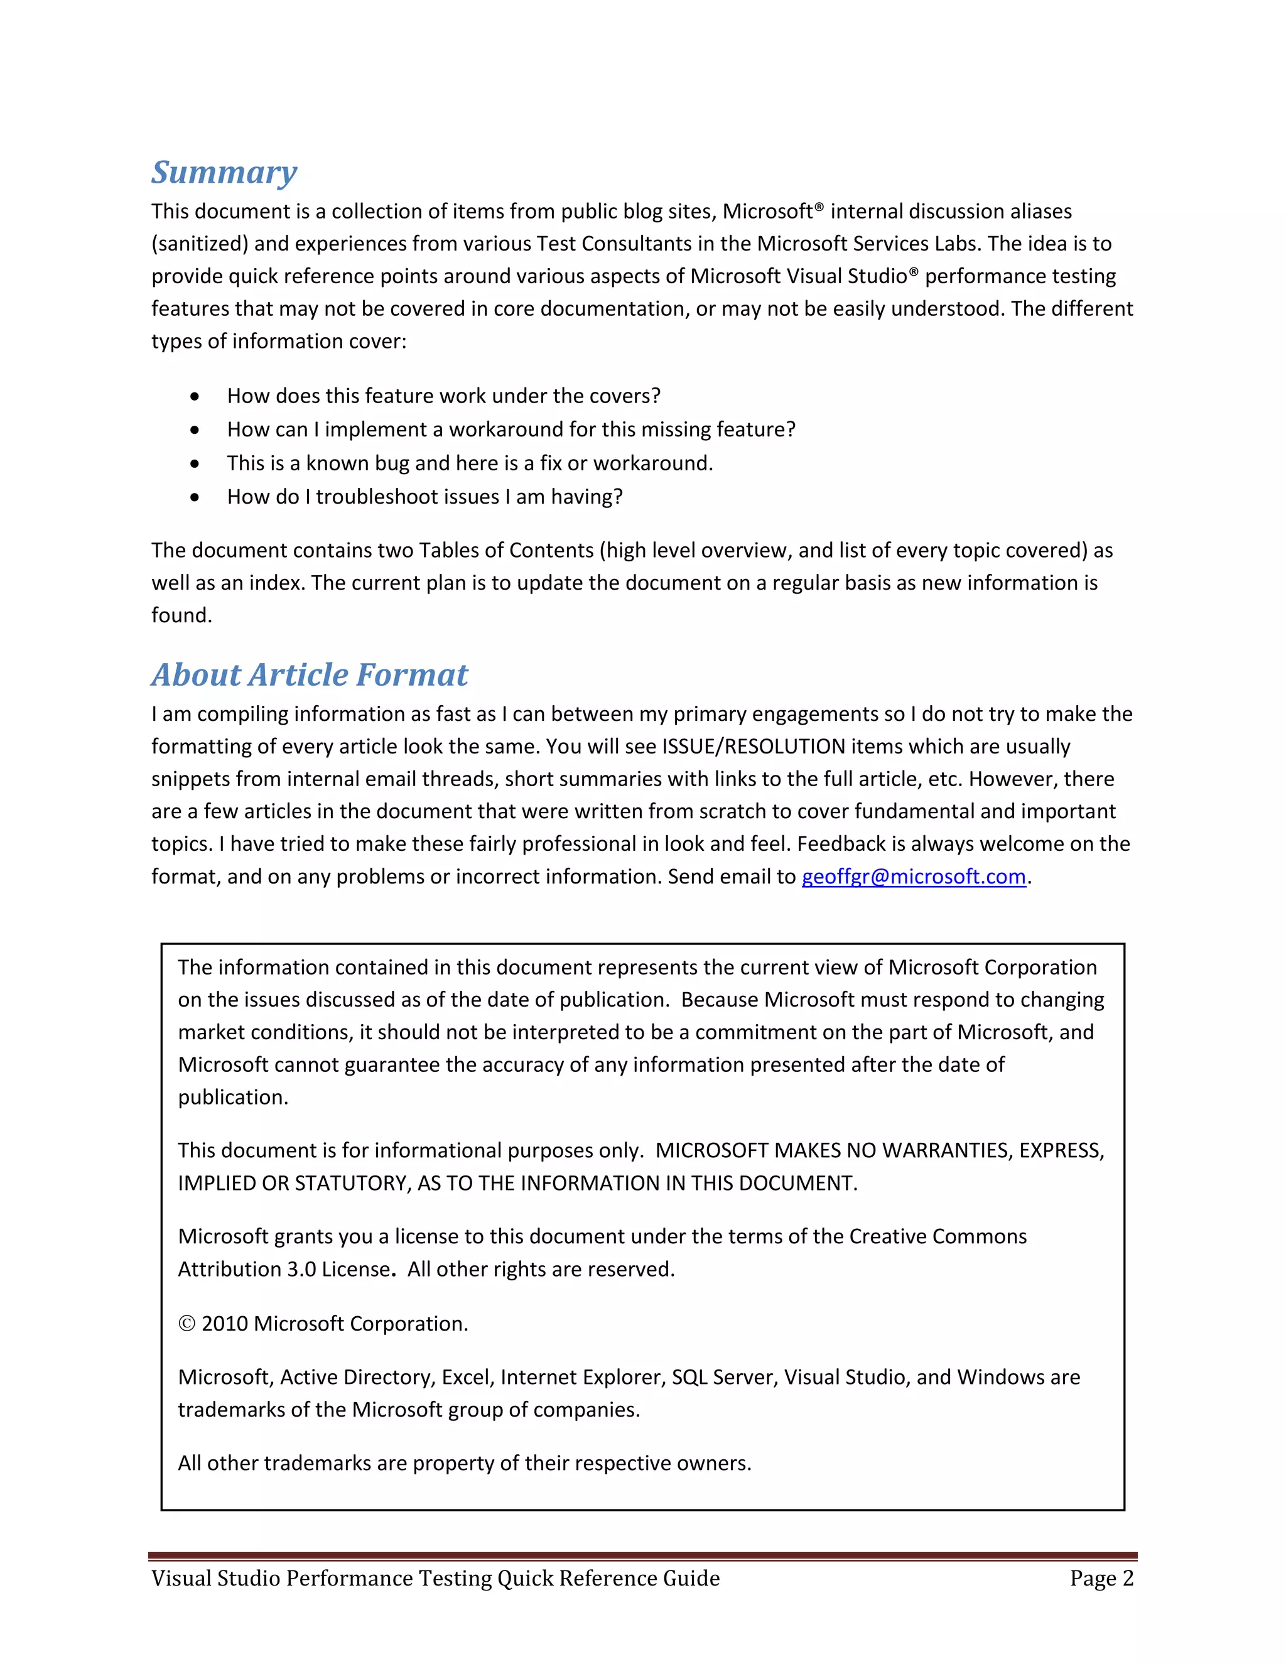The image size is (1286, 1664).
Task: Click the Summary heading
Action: click(x=224, y=172)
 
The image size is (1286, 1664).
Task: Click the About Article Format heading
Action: click(x=310, y=674)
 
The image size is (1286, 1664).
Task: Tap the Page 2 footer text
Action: click(x=1101, y=1578)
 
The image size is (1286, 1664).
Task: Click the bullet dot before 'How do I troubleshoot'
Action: click(x=195, y=497)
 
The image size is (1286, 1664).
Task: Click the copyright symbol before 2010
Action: click(x=186, y=1324)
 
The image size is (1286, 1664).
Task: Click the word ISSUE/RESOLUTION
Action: click(x=754, y=747)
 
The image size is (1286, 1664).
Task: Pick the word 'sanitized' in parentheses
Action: click(x=200, y=244)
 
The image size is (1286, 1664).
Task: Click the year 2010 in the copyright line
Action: click(x=225, y=1324)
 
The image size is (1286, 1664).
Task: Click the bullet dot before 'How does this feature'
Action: click(x=195, y=397)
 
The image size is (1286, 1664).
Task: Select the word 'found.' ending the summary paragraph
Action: click(x=181, y=615)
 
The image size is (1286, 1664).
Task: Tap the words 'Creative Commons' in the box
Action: click(x=938, y=1236)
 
